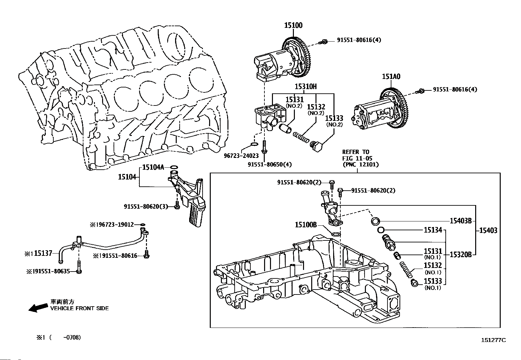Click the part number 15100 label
click(293, 25)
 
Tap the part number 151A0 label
click(391, 77)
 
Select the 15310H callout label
click(306, 87)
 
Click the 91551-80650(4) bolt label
click(270, 164)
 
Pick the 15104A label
click(153, 167)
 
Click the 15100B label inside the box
click(306, 225)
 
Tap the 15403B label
click(460, 221)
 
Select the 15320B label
click(460, 254)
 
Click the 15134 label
click(433, 230)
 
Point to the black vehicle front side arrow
click(38, 308)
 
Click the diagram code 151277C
click(493, 340)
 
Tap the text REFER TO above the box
click(355, 152)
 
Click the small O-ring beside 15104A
click(174, 167)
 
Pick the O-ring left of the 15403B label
click(375, 221)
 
